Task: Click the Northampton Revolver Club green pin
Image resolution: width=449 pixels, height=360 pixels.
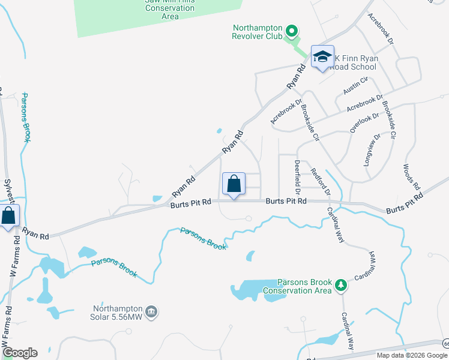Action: [292, 30]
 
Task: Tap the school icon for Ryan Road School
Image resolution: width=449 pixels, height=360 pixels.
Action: [322, 57]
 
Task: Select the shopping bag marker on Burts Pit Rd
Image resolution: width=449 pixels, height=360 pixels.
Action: [234, 184]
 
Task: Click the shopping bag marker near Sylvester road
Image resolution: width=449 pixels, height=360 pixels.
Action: [8, 215]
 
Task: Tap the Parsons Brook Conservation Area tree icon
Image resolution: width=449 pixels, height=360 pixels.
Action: [341, 284]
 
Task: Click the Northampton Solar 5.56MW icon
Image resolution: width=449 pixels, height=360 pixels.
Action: [151, 311]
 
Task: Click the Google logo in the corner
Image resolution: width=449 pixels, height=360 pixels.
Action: [20, 353]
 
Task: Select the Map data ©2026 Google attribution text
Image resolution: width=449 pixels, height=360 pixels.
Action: [412, 355]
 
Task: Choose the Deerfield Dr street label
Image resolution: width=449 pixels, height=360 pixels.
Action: [297, 173]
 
